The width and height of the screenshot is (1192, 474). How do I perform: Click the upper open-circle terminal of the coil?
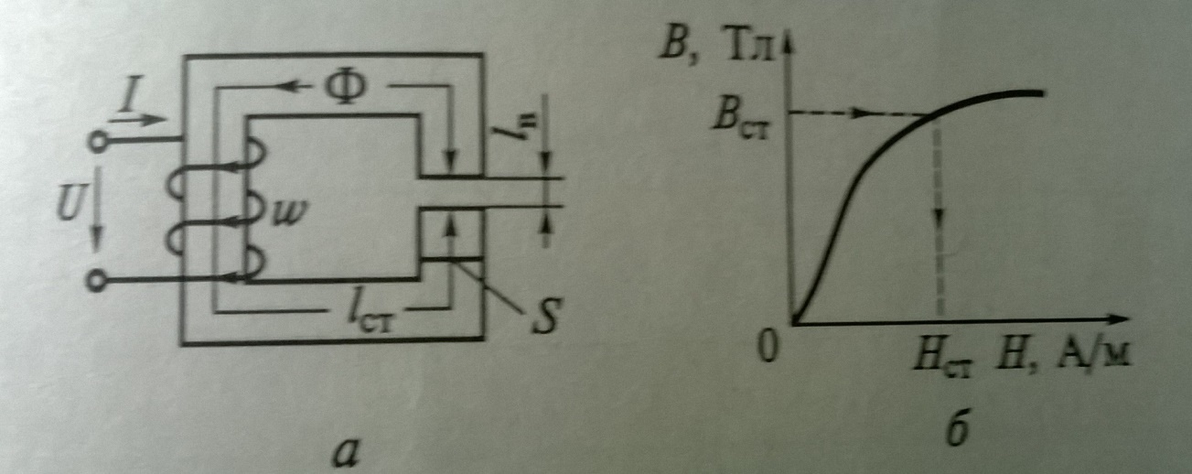pos(96,142)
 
